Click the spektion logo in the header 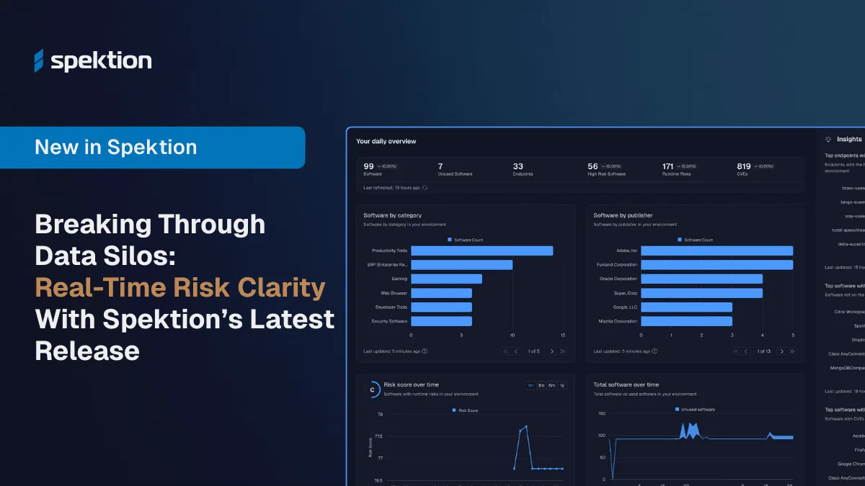(x=93, y=61)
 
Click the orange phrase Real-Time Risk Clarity (x=180, y=288)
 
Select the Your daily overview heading (x=386, y=141)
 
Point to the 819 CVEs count (x=744, y=166)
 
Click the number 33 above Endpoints (x=518, y=166)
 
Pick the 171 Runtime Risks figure (x=667, y=166)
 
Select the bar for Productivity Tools (x=482, y=251)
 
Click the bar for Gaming (x=446, y=279)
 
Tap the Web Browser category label (x=394, y=293)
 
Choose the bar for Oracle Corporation (x=701, y=279)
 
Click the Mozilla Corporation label (x=618, y=321)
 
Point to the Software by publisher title (x=624, y=215)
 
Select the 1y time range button (x=562, y=385)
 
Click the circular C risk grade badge (x=372, y=390)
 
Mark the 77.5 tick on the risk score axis (x=379, y=436)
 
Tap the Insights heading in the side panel (x=848, y=139)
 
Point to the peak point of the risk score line (x=526, y=426)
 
